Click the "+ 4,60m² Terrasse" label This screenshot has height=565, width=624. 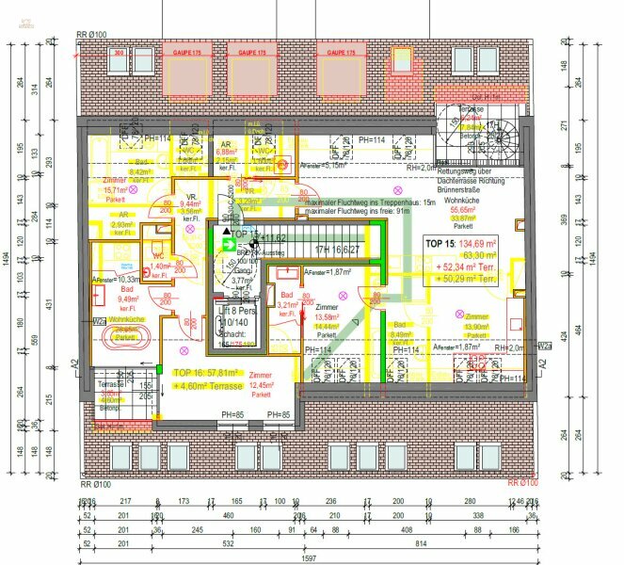click(208, 386)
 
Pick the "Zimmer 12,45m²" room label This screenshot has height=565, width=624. click(260, 379)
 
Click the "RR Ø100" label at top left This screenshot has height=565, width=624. click(92, 34)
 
